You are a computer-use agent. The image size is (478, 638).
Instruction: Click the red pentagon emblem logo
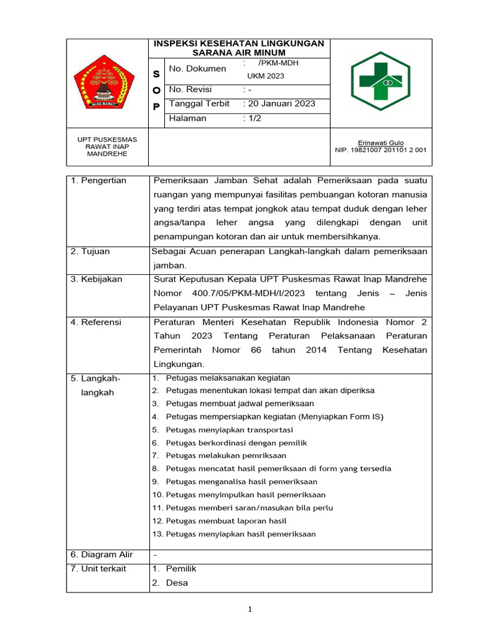pos(105,83)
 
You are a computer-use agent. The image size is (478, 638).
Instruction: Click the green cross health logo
pos(389,82)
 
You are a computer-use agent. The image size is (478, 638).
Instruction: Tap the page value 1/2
pos(253,118)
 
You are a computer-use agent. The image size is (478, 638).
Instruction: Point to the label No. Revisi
pos(192,89)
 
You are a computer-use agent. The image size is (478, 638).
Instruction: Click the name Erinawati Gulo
pos(380,143)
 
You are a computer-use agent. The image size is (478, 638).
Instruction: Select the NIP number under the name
pos(380,150)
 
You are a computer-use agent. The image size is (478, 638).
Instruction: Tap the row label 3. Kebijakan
pos(96,279)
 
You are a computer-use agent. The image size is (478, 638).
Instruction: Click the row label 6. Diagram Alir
pos(101,555)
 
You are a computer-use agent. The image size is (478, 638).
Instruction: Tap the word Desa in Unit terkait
pos(177,583)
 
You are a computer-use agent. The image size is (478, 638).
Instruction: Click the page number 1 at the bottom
pos(250,610)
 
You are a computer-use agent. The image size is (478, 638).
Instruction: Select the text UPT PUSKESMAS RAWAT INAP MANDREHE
pos(107,146)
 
